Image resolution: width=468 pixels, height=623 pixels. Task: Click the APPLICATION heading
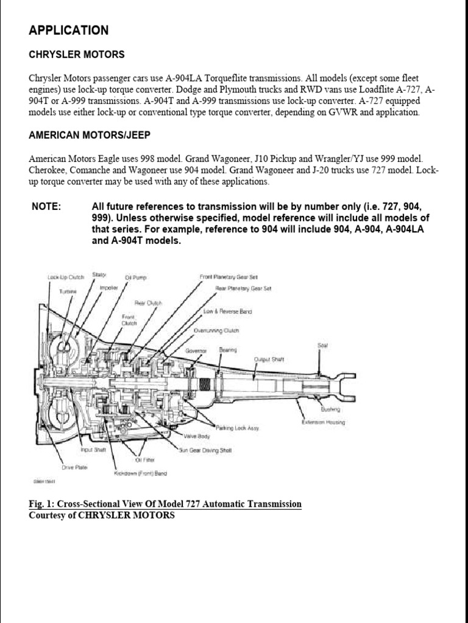(x=69, y=30)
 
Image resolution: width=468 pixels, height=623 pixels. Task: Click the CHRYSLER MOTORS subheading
(x=77, y=55)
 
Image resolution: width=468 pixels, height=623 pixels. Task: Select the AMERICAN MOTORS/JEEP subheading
(x=90, y=135)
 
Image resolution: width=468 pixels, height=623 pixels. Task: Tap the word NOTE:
(x=46, y=207)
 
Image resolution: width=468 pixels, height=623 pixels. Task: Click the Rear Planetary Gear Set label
(x=243, y=288)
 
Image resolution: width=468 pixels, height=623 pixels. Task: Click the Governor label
(x=198, y=351)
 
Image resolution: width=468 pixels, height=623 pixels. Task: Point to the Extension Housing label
(x=323, y=422)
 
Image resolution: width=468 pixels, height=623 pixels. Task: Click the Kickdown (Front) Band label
(x=140, y=473)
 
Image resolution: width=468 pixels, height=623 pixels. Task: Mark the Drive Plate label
(x=75, y=467)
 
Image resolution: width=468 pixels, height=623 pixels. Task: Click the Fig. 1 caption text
(x=165, y=504)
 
